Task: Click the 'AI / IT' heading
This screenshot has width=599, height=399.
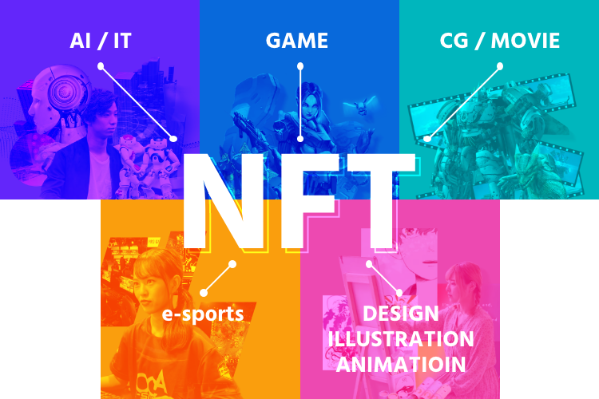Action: pos(101,41)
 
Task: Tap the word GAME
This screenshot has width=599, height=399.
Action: pos(297,41)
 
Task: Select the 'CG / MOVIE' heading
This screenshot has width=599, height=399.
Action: pos(500,41)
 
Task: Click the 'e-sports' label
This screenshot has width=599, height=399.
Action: pos(203,314)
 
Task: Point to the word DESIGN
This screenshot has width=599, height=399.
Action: pos(401,314)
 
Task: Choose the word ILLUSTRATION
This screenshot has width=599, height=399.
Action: pos(401,339)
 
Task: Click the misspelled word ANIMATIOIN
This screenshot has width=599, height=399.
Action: pos(401,364)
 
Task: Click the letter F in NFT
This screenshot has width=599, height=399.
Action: pos(309,201)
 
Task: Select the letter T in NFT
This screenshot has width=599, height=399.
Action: pos(381,201)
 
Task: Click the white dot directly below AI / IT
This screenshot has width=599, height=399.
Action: pos(101,66)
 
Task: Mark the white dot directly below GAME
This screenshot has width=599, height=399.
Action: pos(300,66)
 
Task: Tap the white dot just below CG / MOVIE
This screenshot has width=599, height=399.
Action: pos(500,66)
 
